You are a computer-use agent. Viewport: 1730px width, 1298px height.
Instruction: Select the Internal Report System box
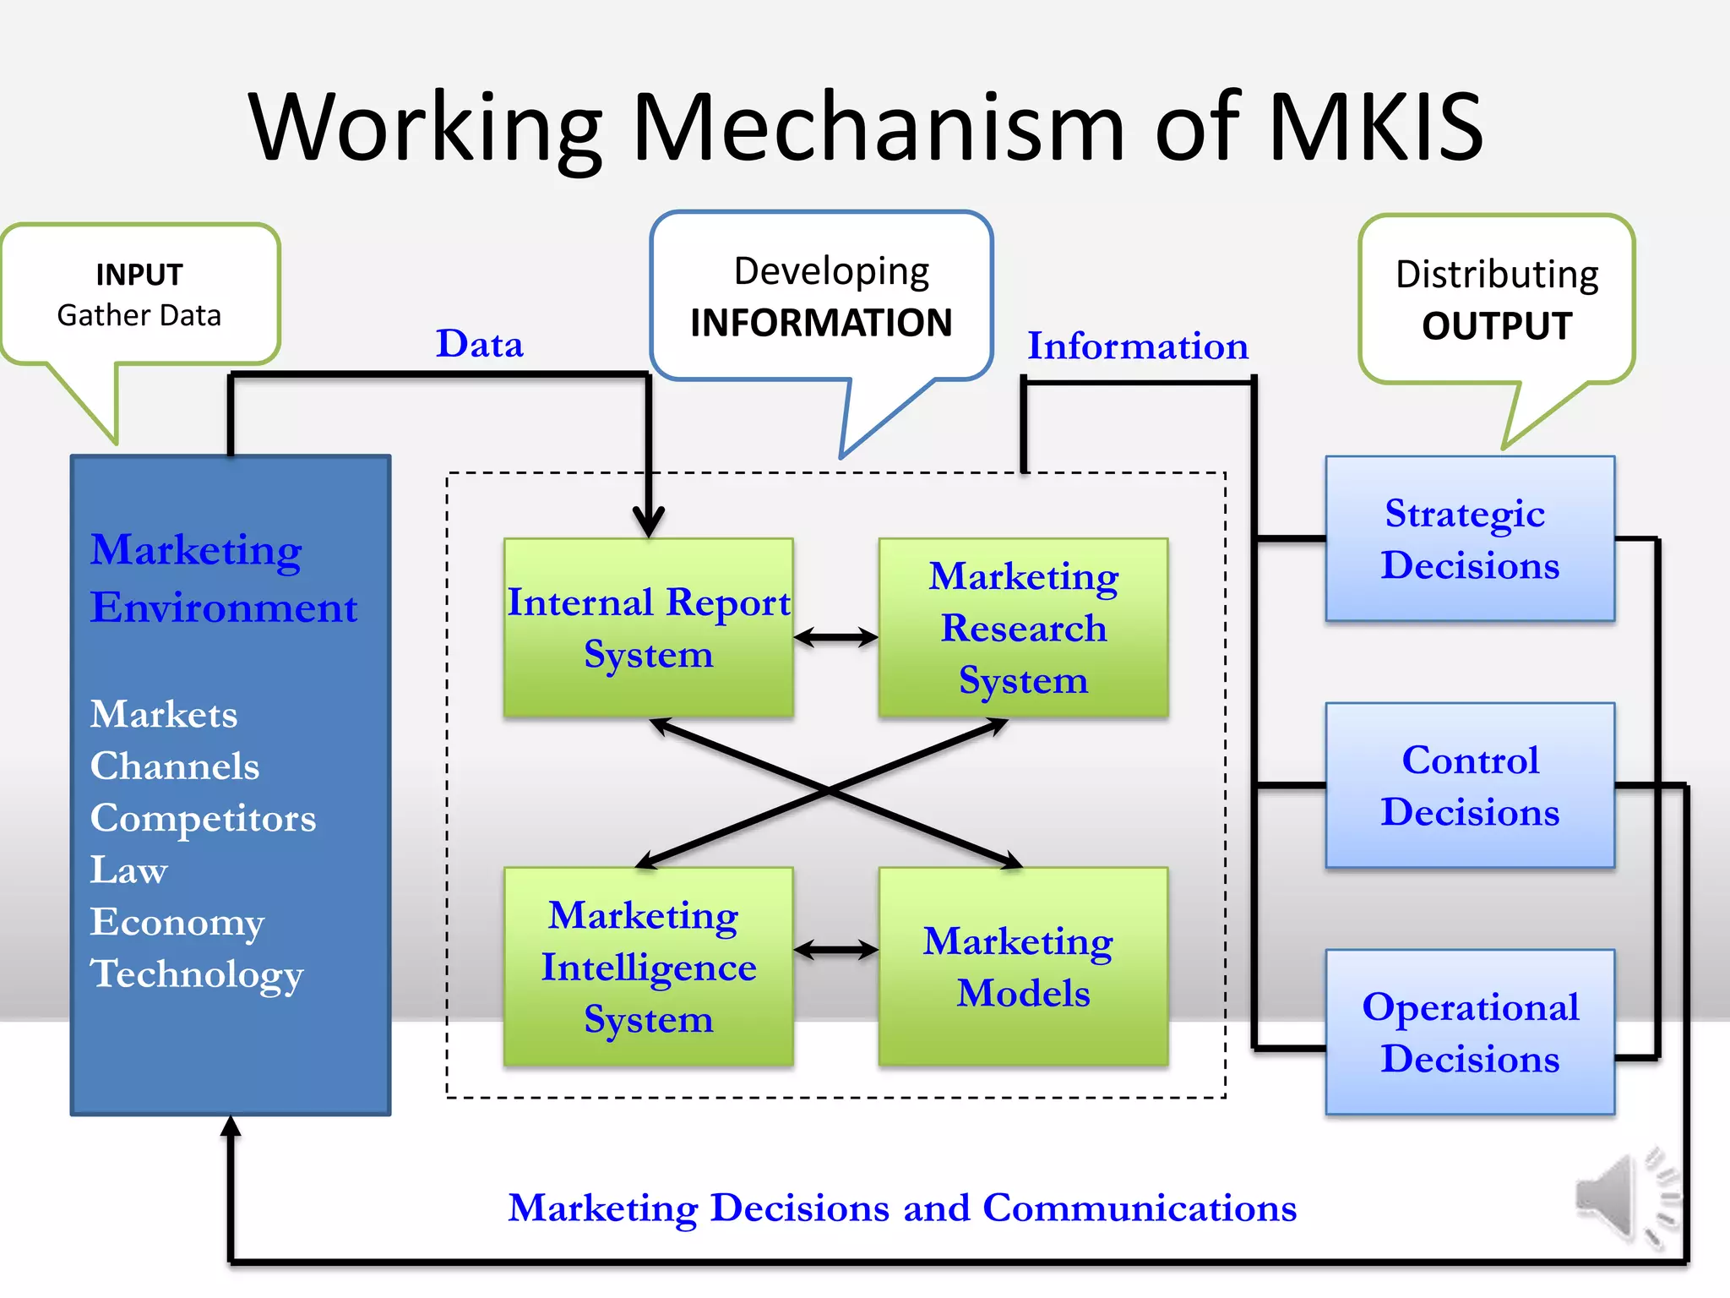coord(648,628)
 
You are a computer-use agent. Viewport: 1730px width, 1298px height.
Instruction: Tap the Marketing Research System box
coord(1023,628)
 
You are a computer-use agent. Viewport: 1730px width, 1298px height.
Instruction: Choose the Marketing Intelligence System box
coord(648,967)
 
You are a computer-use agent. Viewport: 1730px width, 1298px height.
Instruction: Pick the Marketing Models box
coord(1023,967)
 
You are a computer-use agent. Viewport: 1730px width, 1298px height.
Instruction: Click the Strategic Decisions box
coord(1470,539)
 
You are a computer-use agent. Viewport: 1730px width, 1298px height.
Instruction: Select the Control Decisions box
coord(1470,785)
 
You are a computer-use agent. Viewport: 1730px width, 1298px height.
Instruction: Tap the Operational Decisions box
coord(1470,1032)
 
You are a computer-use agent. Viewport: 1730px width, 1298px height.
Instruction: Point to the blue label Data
coord(479,344)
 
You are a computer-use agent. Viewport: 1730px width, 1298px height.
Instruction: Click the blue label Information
coord(1137,346)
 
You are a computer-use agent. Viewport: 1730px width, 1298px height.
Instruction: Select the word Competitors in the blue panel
coord(203,818)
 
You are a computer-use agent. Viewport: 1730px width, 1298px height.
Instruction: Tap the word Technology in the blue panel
coord(196,973)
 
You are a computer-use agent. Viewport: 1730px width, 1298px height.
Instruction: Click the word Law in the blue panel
coord(128,870)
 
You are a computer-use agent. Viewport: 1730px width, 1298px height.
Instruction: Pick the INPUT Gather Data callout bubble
coord(140,295)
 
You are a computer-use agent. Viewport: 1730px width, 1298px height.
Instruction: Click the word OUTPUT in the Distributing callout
coord(1497,326)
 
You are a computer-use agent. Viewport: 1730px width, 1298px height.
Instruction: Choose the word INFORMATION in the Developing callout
coord(821,323)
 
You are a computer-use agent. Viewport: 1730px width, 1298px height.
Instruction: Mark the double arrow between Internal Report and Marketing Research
coord(835,638)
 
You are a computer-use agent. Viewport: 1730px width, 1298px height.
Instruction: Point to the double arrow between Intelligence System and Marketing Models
coord(835,951)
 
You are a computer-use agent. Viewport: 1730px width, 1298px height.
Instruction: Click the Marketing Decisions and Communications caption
coord(902,1208)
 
